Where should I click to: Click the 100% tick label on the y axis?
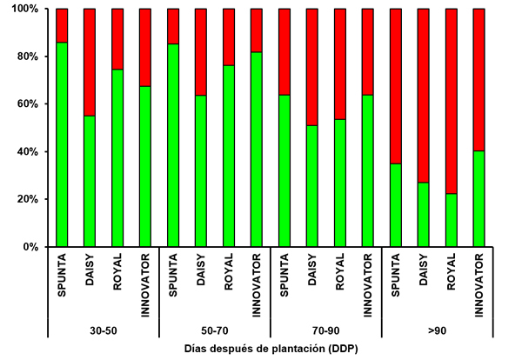click(22, 9)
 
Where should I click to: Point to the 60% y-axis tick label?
click(25, 104)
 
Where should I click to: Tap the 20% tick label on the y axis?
click(25, 199)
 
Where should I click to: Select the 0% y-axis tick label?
click(29, 247)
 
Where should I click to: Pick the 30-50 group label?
click(103, 330)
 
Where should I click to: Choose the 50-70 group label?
click(214, 330)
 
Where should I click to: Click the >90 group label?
click(438, 330)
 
